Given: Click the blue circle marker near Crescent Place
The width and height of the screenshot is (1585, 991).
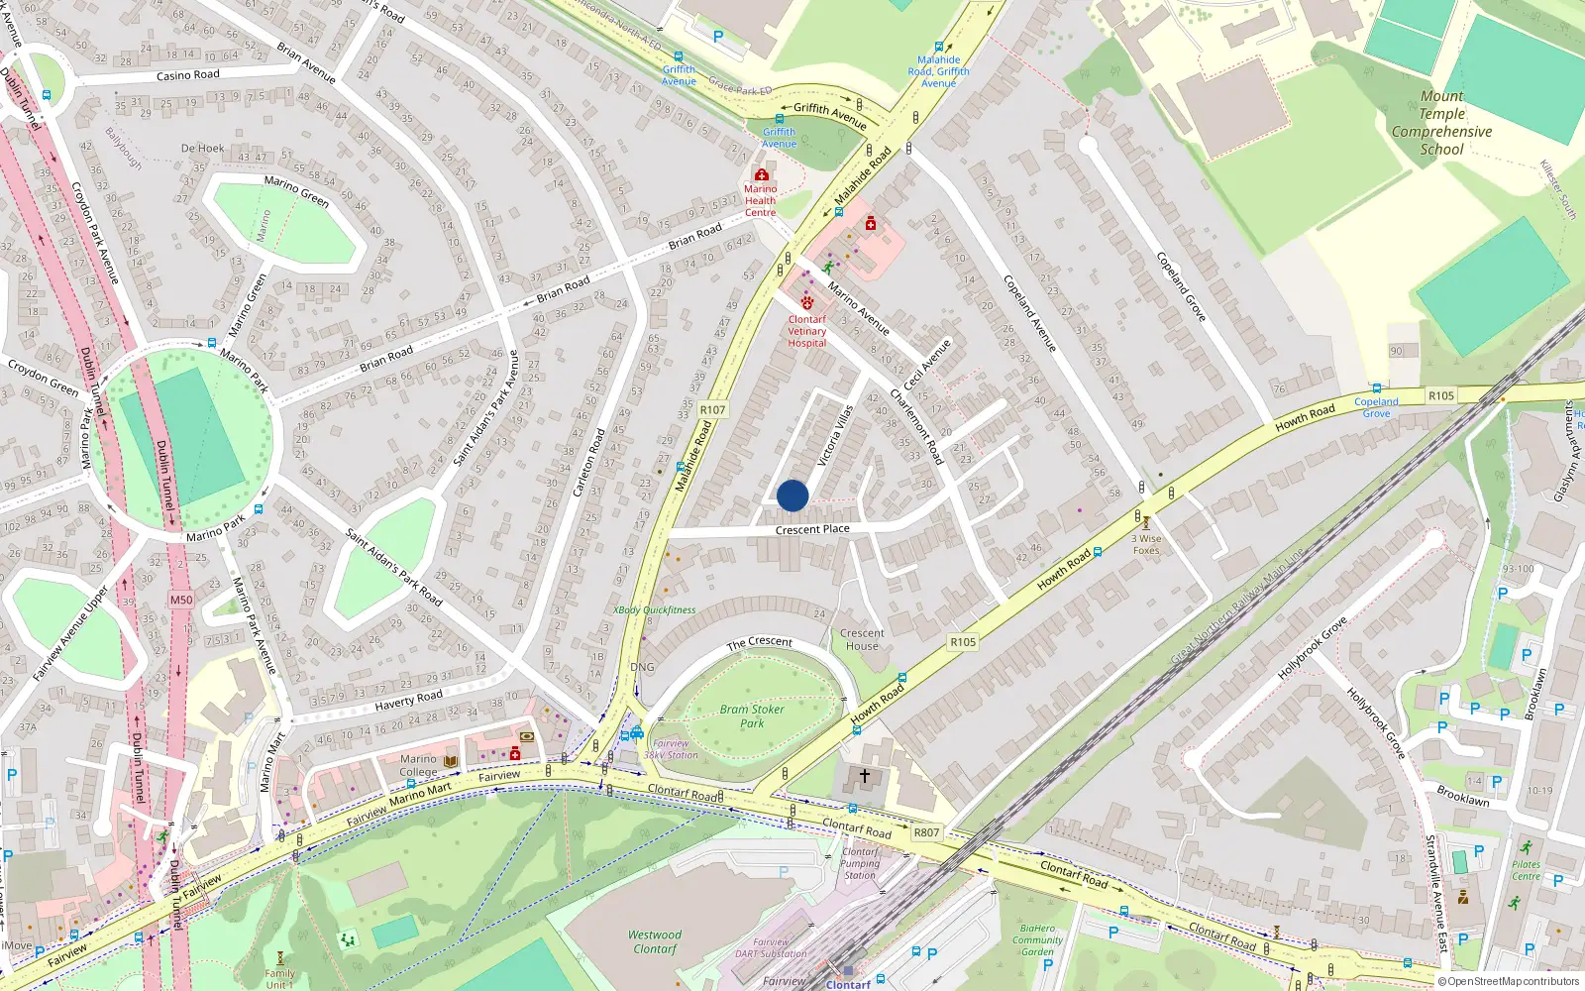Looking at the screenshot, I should tap(792, 495).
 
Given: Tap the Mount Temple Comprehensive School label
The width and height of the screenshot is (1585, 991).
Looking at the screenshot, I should tap(1441, 123).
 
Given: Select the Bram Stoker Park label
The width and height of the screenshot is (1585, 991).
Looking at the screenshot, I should tap(752, 716).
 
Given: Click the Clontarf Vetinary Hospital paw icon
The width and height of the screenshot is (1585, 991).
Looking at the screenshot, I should tap(807, 303).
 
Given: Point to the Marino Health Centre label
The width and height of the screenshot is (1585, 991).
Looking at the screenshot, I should tap(760, 200).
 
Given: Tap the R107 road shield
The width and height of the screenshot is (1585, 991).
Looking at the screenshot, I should tap(712, 409).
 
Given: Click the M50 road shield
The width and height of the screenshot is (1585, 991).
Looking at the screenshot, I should tap(181, 600).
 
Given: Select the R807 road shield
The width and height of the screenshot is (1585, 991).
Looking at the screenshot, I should tap(926, 832).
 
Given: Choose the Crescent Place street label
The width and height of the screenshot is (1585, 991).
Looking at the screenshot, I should tap(812, 529).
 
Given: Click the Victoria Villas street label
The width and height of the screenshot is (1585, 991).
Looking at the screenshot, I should tap(835, 436).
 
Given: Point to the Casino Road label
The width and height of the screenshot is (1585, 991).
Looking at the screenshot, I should tap(188, 75).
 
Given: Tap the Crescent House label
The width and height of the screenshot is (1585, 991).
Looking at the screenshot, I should tap(862, 639).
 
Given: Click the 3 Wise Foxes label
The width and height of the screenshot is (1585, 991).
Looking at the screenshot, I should tap(1146, 544).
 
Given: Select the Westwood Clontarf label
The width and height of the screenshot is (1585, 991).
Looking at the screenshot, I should tap(655, 941).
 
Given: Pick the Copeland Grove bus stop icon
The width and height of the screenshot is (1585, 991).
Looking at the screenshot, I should tap(1376, 388).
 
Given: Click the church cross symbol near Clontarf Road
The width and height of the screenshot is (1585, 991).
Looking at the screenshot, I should tap(865, 776).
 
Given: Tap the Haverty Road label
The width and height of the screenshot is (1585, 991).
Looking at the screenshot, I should tap(408, 700).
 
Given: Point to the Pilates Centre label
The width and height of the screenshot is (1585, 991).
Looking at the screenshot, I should tap(1526, 870).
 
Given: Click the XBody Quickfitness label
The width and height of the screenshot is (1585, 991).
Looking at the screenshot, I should tap(654, 610).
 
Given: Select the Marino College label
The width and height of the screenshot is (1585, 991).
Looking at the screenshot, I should tap(418, 765).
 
